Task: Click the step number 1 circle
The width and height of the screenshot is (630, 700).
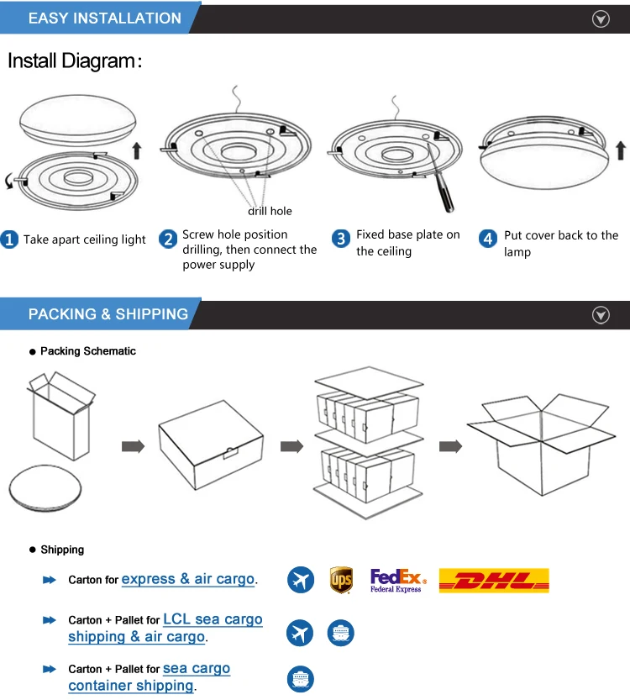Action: (x=10, y=239)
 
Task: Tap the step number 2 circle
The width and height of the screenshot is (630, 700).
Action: (x=168, y=239)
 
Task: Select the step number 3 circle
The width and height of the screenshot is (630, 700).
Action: (x=341, y=239)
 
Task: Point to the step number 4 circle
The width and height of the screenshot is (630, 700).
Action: (x=488, y=239)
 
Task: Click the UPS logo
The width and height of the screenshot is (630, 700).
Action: (x=341, y=580)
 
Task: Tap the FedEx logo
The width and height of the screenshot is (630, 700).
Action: (x=398, y=580)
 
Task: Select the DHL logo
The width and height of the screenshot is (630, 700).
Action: (x=494, y=580)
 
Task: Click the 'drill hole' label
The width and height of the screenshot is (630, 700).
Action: (x=270, y=211)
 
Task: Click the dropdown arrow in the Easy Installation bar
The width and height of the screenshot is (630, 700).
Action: (x=601, y=19)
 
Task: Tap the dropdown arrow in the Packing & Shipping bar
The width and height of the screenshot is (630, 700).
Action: (x=601, y=315)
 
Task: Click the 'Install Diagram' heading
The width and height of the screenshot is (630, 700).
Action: (x=75, y=61)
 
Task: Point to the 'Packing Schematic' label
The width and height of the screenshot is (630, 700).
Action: (x=87, y=351)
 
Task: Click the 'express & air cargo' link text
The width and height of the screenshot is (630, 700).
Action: (x=188, y=579)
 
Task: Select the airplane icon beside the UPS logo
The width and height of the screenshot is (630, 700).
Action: (x=300, y=580)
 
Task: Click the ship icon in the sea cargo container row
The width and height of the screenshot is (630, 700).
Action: (x=300, y=678)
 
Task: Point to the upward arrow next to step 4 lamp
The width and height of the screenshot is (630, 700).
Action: (x=621, y=150)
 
